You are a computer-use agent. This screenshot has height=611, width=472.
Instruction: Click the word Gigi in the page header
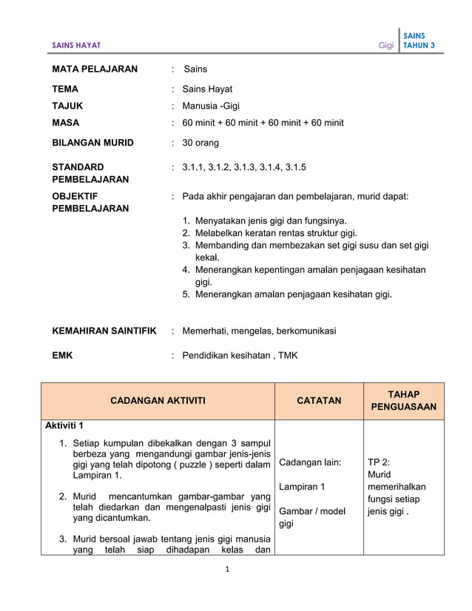click(x=385, y=45)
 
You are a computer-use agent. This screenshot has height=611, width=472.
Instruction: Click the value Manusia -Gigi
click(x=211, y=106)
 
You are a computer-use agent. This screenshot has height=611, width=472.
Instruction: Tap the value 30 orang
click(x=200, y=142)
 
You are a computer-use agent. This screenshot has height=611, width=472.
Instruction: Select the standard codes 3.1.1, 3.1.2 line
click(x=238, y=167)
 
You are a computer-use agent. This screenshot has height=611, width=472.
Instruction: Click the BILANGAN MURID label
click(x=92, y=142)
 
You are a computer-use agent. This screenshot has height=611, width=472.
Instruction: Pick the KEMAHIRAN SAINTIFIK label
click(x=104, y=331)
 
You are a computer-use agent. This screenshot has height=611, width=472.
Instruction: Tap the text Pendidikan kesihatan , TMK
click(x=240, y=355)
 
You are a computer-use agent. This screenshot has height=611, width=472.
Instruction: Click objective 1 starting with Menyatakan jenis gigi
click(x=270, y=220)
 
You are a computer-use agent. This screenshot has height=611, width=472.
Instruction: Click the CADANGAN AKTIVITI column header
click(x=158, y=401)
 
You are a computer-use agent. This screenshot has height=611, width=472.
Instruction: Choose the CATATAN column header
click(x=319, y=401)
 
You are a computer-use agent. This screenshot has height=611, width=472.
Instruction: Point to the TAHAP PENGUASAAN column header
click(x=403, y=401)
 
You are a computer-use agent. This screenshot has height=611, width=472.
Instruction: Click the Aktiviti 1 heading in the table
click(x=64, y=425)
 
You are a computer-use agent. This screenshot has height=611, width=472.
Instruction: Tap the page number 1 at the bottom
click(x=236, y=572)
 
